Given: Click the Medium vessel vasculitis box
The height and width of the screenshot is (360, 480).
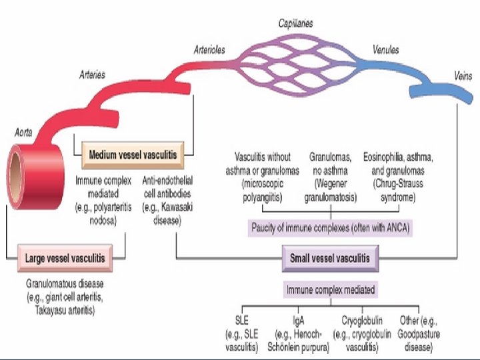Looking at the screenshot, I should (133, 155).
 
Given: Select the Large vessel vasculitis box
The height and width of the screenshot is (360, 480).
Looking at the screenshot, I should (64, 257).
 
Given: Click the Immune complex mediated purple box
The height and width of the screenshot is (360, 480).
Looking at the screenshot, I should (331, 290).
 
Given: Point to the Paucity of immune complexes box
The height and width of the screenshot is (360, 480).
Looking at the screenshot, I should (331, 227).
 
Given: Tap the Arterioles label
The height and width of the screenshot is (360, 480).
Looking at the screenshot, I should (209, 49).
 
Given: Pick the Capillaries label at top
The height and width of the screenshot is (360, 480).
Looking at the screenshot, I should (295, 23).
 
